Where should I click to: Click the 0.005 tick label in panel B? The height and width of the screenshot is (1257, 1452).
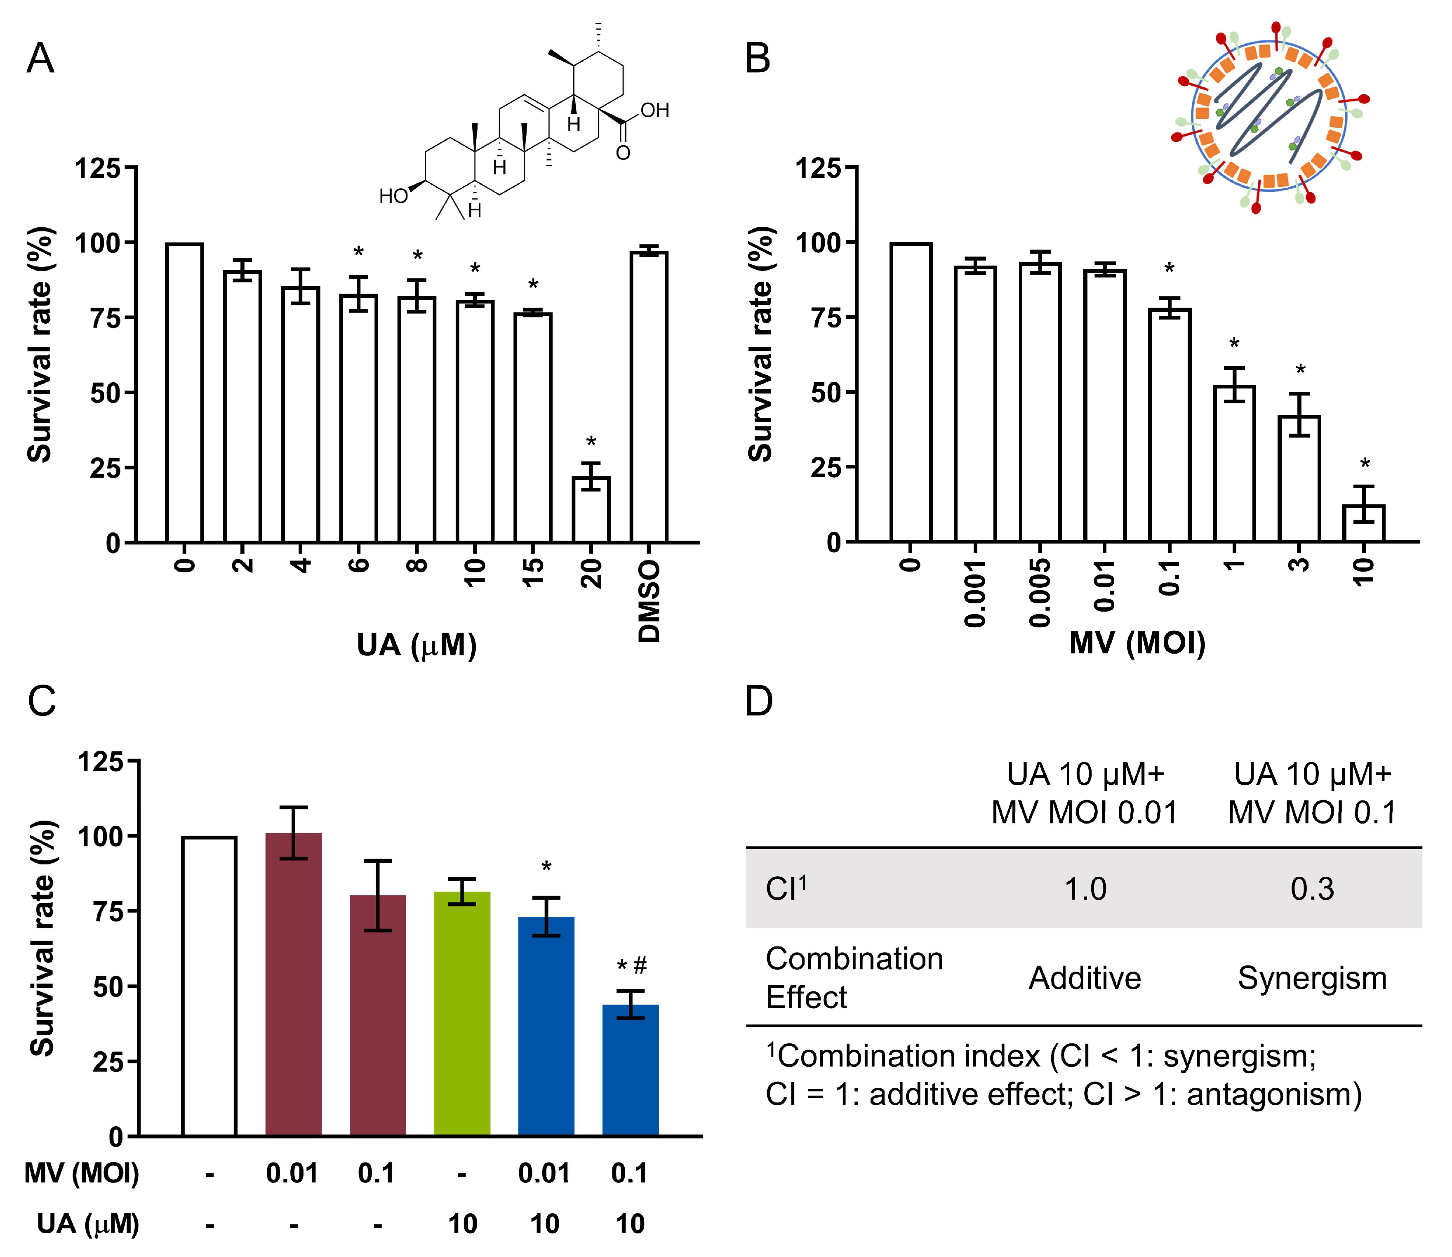pos(1040,593)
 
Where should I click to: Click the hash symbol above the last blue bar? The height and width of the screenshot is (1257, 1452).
pos(640,966)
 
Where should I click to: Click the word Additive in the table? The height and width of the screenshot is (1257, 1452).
pos(1085,978)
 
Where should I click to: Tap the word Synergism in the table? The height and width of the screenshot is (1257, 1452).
pos(1312,978)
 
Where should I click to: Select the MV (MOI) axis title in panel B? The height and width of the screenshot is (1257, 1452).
pos(1137,643)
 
